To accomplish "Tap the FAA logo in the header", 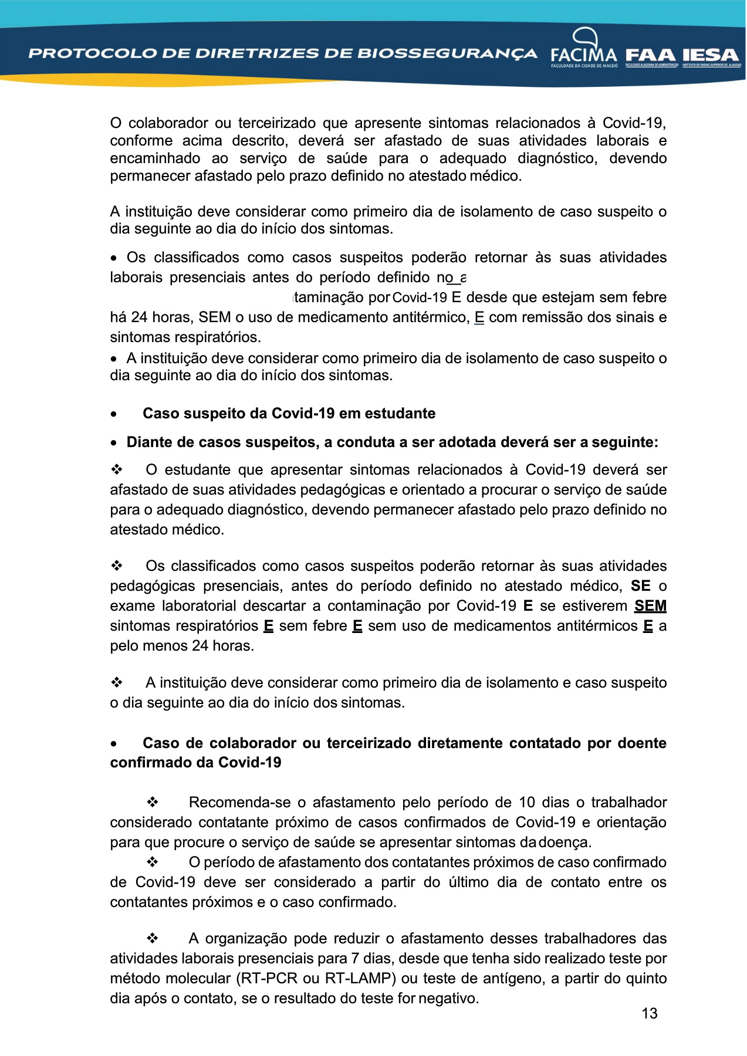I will (x=651, y=56).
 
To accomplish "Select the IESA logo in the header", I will (x=711, y=56).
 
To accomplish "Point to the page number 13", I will (x=649, y=1013).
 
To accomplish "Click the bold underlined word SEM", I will (x=650, y=606).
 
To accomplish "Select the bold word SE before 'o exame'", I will (x=640, y=586).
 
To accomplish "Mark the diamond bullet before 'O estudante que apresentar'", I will (x=117, y=470).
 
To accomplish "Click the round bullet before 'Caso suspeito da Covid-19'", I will (x=113, y=414).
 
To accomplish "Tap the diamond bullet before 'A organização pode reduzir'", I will (x=153, y=939).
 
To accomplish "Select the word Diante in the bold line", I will (x=148, y=442).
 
